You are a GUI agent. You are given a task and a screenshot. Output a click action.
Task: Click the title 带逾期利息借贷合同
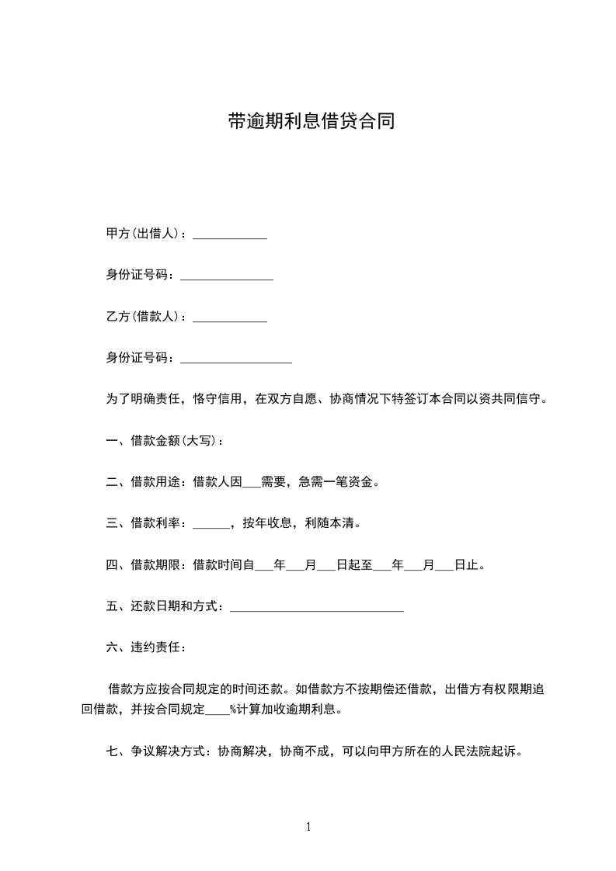pyautogui.click(x=311, y=121)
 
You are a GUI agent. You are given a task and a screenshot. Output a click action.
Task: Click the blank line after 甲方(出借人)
pyautogui.click(x=229, y=236)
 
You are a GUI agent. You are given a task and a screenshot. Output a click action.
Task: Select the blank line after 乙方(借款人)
pyautogui.click(x=229, y=319)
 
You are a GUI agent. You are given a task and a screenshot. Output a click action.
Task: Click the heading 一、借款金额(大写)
pyautogui.click(x=165, y=441)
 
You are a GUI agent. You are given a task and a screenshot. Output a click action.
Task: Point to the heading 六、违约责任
pyautogui.click(x=145, y=647)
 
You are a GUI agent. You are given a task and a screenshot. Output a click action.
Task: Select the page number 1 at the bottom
pyautogui.click(x=308, y=827)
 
